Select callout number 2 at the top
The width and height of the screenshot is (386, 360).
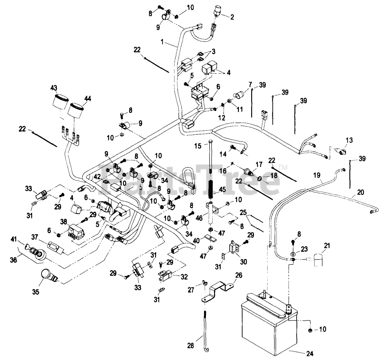(232, 17)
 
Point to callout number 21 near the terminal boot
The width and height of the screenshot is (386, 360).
(327, 246)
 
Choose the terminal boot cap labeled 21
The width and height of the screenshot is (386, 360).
(318, 260)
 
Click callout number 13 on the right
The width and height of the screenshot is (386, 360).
(349, 140)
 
